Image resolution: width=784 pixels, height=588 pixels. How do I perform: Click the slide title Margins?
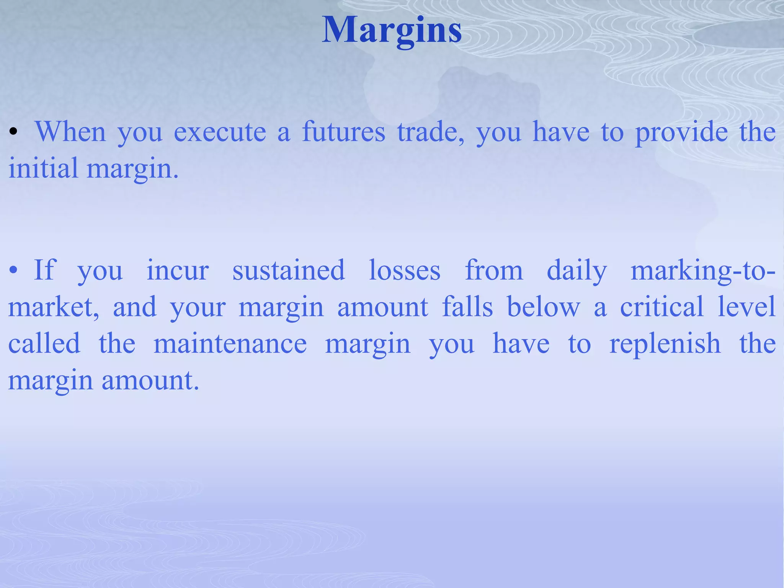pos(392,31)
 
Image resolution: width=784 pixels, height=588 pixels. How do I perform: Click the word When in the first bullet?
pos(70,132)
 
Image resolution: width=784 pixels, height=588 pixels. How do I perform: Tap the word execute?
pos(220,132)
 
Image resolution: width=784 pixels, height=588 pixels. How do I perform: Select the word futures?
pos(343,132)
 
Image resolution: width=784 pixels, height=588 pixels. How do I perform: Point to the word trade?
pos(430,132)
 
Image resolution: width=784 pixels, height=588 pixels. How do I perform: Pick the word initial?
pos(43,168)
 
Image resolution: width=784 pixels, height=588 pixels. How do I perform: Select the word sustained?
pos(289,270)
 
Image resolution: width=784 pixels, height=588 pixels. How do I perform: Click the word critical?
pos(662,307)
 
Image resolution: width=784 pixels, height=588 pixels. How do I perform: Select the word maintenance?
pos(230,344)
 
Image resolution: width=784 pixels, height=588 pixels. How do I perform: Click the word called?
pos(44,344)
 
